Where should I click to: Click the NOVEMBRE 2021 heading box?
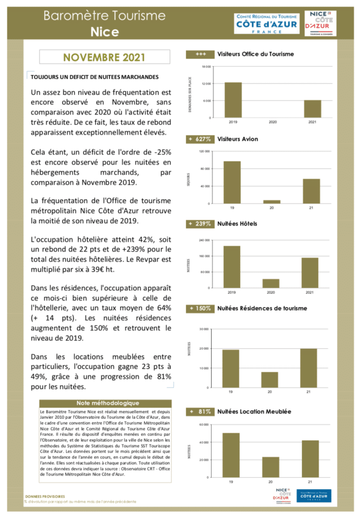pyautogui.click(x=104, y=57)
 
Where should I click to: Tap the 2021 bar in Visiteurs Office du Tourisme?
pyautogui.click(x=312, y=109)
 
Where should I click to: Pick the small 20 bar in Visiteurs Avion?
pyautogui.click(x=272, y=202)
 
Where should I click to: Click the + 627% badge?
pyautogui.click(x=200, y=139)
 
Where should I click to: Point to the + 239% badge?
pyautogui.click(x=200, y=224)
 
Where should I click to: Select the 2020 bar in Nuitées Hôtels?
pyautogui.click(x=271, y=284)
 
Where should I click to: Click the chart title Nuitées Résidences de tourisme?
pyautogui.click(x=262, y=308)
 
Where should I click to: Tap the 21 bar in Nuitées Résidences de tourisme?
pyautogui.click(x=309, y=368)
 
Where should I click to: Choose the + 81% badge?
pyautogui.click(x=200, y=412)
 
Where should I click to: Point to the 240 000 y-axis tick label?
pyautogui.click(x=205, y=240)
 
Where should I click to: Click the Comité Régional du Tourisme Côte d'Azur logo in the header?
pyautogui.click(x=267, y=24)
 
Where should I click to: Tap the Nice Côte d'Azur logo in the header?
pyautogui.click(x=320, y=24)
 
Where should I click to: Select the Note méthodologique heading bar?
pyautogui.click(x=105, y=403)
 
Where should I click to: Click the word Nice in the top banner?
pyautogui.click(x=104, y=31)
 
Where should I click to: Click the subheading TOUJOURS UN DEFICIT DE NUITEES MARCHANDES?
pyautogui.click(x=95, y=77)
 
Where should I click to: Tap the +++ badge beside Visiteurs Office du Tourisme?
pyautogui.click(x=200, y=54)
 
